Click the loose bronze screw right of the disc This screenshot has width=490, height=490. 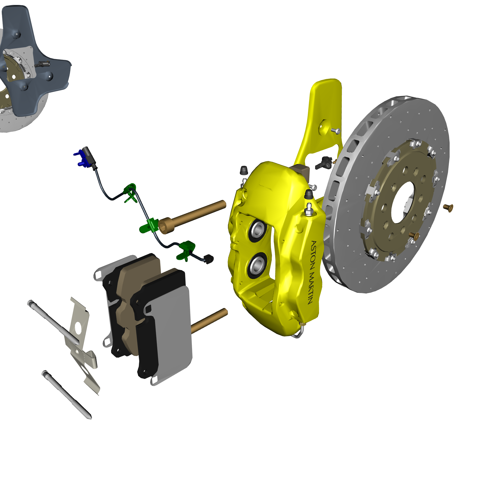448,208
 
